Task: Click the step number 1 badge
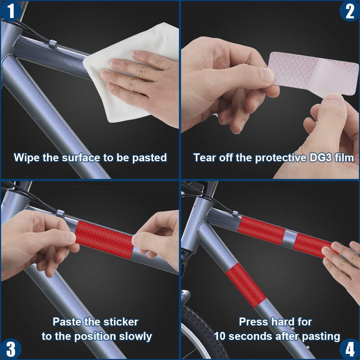10,10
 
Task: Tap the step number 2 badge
350,11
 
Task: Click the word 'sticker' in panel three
121,321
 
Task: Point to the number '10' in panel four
220,336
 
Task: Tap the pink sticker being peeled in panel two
314,73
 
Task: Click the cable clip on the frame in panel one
53,44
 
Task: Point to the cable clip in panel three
60,214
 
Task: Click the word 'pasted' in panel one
149,158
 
